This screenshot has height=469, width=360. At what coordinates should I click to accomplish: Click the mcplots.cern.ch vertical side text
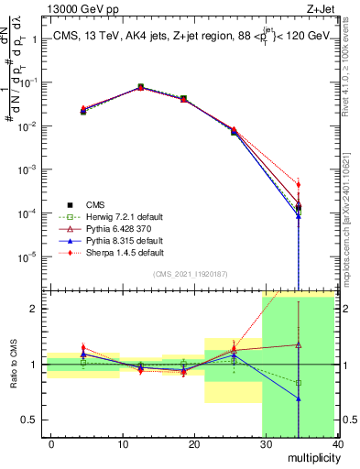[x=351, y=220]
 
